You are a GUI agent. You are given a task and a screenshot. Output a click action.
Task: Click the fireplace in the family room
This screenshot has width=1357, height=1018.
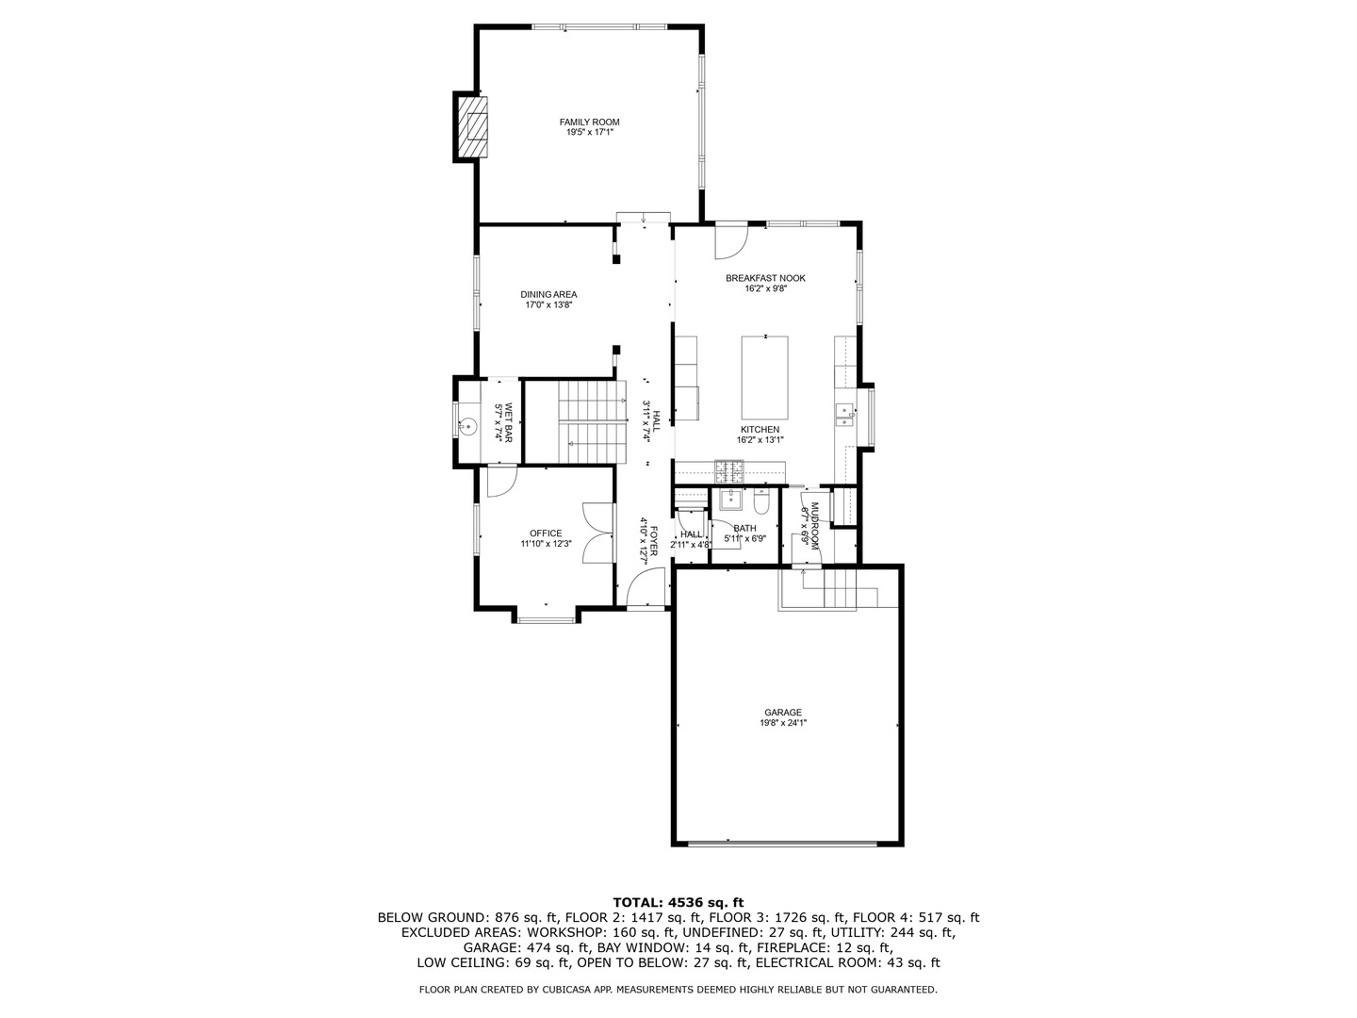point(472,127)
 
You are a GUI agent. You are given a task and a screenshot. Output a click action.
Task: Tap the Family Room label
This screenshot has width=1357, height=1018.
point(589,123)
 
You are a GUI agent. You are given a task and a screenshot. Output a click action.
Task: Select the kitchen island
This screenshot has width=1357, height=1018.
point(765,378)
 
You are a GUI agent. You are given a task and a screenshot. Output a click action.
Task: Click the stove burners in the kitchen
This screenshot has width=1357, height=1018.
point(729,471)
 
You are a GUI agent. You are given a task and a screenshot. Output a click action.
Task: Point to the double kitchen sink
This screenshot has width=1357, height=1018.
point(844,414)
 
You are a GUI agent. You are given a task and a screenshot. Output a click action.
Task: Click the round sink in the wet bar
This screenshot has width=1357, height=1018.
point(468,425)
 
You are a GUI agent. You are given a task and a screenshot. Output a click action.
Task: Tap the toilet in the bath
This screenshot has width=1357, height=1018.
point(761,501)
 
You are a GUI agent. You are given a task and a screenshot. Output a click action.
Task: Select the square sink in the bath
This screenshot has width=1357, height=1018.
point(730,499)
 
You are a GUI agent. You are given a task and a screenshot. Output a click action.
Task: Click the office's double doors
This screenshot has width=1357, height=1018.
point(597,533)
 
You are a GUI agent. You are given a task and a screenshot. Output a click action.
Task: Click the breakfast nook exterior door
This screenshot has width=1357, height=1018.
point(731,240)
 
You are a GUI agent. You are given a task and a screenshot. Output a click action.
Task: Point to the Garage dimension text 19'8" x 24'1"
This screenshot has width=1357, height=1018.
point(783,723)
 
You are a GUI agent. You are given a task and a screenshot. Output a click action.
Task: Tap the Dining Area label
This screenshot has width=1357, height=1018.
point(548,294)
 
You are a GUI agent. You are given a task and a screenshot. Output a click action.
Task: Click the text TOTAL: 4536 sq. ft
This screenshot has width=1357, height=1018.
point(678,902)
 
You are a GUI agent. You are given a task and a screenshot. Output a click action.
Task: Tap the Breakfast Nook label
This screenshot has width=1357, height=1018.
point(765,278)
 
